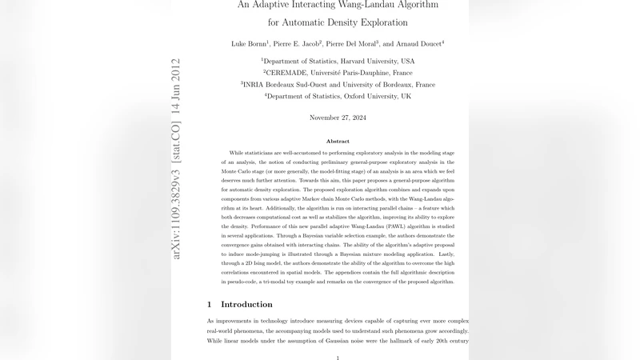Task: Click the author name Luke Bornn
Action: click(250, 43)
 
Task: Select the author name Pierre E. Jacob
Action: click(297, 43)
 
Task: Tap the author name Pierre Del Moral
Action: click(352, 43)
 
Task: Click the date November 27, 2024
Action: click(338, 118)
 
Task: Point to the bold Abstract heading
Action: click(338, 141)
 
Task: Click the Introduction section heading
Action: click(246, 304)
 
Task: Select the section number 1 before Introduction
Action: click(210, 304)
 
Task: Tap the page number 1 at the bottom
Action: click(338, 358)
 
